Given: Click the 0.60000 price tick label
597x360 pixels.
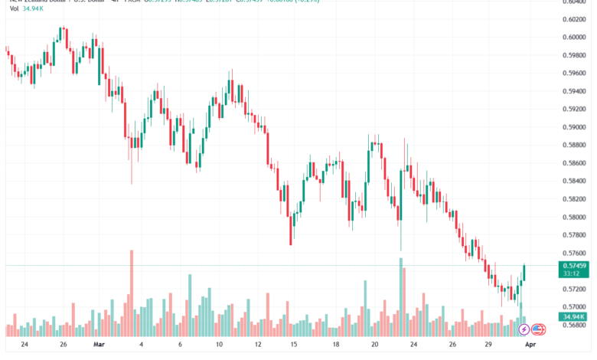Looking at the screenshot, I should [575, 38].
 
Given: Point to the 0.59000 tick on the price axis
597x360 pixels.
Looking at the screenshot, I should [575, 127].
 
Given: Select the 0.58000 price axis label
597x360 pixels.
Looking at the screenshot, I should [575, 217].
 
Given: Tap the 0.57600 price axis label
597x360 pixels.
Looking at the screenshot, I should [575, 253].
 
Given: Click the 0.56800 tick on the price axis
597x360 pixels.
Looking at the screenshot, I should [575, 325].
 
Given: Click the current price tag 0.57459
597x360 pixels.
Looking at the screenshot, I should [575, 265].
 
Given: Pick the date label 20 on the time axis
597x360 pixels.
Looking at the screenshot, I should [375, 344].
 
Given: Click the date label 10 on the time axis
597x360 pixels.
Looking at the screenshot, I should [219, 344].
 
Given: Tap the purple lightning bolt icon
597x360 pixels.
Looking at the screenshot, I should [524, 329].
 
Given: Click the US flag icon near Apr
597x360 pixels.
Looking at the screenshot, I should [537, 329].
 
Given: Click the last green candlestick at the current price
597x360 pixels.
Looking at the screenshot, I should [525, 273].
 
